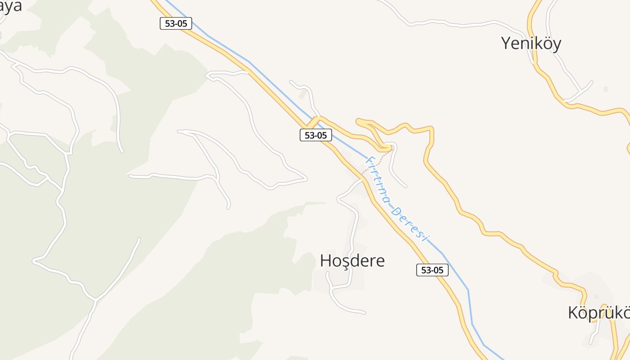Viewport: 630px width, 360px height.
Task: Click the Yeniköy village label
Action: pyautogui.click(x=531, y=43)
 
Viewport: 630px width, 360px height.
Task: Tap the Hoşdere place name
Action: pyautogui.click(x=352, y=261)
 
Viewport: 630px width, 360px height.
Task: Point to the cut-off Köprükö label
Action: pyautogui.click(x=598, y=312)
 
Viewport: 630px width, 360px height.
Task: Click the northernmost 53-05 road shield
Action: pyautogui.click(x=176, y=23)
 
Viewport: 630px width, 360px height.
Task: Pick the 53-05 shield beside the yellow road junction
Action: pyautogui.click(x=316, y=135)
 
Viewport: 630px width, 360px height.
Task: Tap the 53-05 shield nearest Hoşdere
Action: pyautogui.click(x=432, y=270)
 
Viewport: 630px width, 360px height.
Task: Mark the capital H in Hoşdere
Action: pyautogui.click(x=326, y=261)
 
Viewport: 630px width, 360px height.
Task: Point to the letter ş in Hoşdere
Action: pyautogui.click(x=347, y=261)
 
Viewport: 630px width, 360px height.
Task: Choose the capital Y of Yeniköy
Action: pyautogui.click(x=507, y=43)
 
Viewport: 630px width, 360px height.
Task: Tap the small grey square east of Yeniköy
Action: pyautogui.click(x=606, y=89)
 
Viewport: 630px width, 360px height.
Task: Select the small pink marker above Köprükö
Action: pyautogui.click(x=597, y=297)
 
